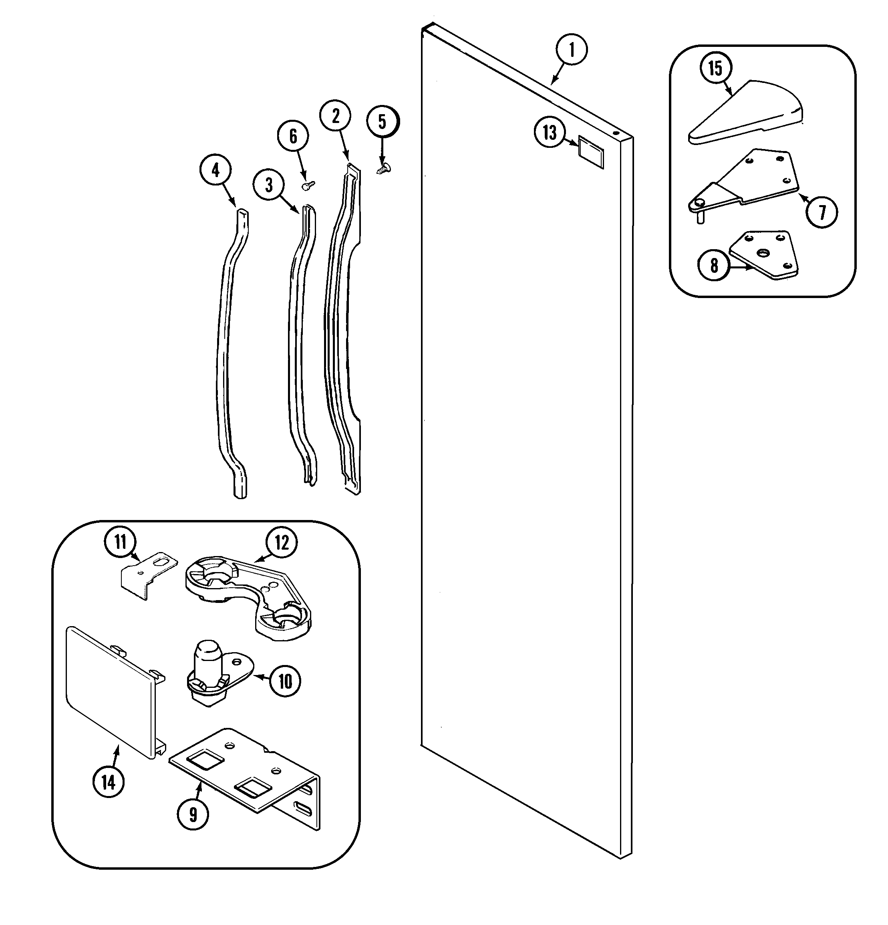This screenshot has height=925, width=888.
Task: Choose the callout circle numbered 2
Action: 336,116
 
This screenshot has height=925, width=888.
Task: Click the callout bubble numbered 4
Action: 215,170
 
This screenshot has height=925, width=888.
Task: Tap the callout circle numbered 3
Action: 268,185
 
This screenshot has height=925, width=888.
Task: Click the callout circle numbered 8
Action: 714,266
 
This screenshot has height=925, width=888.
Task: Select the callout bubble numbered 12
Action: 282,543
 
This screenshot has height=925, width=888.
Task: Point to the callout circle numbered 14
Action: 109,782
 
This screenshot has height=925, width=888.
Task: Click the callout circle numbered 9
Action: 193,814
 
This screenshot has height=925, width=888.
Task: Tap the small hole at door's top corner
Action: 616,133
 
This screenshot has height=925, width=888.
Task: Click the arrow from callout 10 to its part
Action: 262,678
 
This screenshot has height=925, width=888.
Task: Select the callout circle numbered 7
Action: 822,212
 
